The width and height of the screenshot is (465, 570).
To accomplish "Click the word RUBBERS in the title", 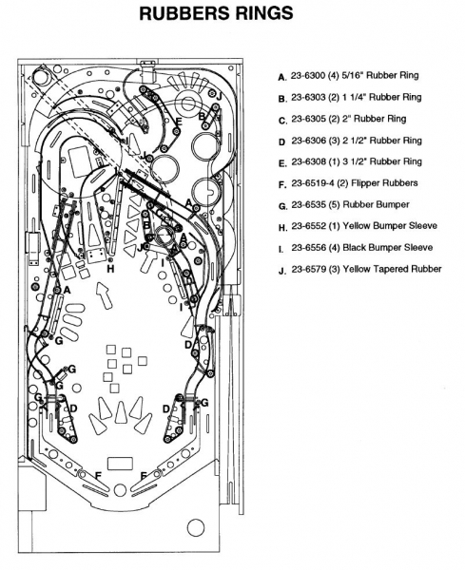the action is tap(184, 13).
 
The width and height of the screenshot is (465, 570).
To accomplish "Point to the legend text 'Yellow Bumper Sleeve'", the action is tap(390, 226).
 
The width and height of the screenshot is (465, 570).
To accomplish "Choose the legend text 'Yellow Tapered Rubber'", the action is tap(392, 270).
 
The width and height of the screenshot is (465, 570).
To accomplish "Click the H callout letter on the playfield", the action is tap(110, 269).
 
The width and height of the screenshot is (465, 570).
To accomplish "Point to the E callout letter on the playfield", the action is tap(178, 122).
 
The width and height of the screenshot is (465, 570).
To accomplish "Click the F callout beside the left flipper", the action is tap(98, 476).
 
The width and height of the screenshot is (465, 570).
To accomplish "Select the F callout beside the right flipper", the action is tap(144, 476).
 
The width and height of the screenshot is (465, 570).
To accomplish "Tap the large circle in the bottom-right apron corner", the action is tap(196, 527).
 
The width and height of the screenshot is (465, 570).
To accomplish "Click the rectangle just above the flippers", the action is tap(120, 464).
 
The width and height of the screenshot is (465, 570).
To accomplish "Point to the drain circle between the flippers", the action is tap(120, 490).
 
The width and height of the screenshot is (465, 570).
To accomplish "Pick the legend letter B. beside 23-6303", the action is tap(282, 99).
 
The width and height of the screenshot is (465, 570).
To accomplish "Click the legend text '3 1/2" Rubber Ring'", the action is tap(382, 161).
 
